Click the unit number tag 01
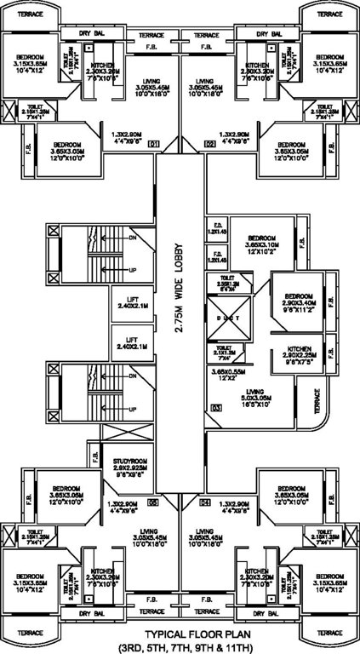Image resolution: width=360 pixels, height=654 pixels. tap(154, 145)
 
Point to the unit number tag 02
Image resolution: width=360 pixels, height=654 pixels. tap(210, 145)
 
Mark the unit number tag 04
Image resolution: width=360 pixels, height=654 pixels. tap(205, 502)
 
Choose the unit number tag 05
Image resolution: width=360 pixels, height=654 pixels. tap(154, 502)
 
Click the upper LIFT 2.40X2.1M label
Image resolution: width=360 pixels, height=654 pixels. tap(134, 302)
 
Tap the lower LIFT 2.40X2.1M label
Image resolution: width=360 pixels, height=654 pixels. tap(134, 343)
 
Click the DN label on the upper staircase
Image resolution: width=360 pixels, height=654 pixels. tap(133, 237)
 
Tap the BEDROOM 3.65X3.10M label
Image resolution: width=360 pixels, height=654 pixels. tap(260, 244)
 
